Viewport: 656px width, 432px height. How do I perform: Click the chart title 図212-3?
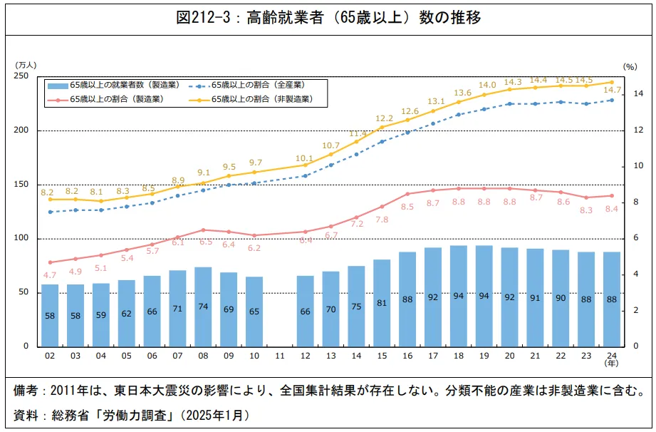click(328, 18)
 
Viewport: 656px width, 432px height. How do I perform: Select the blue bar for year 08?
click(203, 307)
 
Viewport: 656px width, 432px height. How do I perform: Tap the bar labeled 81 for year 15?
click(382, 303)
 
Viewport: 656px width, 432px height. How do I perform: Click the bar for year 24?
click(612, 299)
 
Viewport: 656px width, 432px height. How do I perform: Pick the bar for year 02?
click(50, 315)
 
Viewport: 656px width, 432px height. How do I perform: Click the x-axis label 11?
click(280, 355)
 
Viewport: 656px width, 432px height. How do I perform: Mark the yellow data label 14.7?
click(612, 91)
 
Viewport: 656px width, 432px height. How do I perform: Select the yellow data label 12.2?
click(384, 118)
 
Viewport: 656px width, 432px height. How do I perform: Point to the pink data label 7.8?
click(382, 220)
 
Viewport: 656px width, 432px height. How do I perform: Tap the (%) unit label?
click(630, 66)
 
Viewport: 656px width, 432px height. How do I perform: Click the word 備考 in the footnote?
click(27, 391)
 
